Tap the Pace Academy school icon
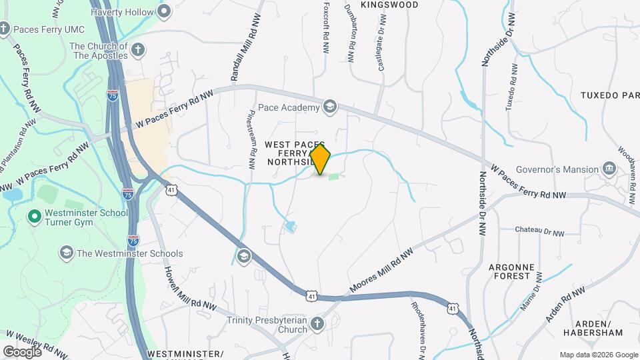click(329, 106)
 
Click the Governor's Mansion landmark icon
click(609, 169)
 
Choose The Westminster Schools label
click(129, 253)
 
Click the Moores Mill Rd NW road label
click(381, 271)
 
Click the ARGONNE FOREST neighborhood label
click(511, 271)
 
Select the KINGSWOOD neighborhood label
click(389, 5)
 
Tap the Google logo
click(22, 351)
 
